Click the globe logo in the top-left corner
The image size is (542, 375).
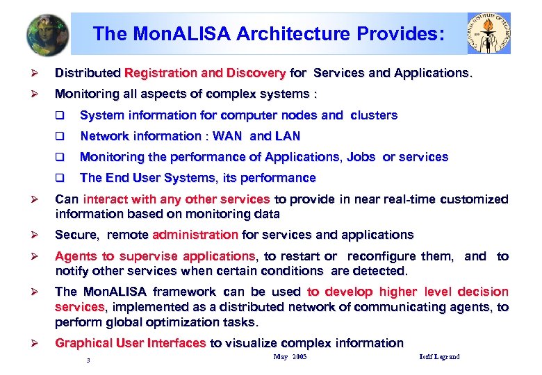(48, 33)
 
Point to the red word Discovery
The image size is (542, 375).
(256, 73)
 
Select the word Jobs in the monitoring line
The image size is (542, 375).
(361, 157)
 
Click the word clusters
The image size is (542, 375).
(375, 115)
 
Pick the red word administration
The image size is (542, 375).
(195, 235)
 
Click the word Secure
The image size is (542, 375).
(77, 235)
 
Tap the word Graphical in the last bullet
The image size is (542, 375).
(83, 343)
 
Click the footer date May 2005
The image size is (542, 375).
(290, 357)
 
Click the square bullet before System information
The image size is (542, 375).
(60, 115)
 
